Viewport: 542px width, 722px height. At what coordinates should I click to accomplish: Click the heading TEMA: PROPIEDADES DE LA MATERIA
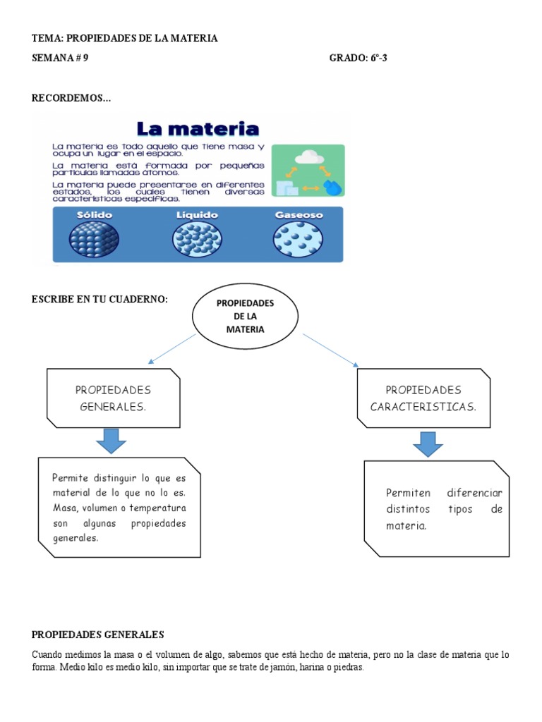click(125, 38)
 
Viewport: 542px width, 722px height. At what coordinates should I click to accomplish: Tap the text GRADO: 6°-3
click(358, 58)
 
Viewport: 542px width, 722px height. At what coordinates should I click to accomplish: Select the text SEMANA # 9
click(60, 58)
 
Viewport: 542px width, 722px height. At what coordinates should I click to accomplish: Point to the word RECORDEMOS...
click(71, 97)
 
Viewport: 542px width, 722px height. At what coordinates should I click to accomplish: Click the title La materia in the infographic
click(198, 129)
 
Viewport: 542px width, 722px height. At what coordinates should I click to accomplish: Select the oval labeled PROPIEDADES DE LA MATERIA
click(245, 316)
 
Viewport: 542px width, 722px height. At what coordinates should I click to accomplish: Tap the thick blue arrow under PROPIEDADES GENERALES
click(111, 441)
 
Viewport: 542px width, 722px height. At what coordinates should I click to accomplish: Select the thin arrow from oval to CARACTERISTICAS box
click(330, 350)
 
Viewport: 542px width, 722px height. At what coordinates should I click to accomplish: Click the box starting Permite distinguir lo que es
click(119, 506)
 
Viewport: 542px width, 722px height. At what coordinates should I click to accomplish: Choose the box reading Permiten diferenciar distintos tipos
click(437, 508)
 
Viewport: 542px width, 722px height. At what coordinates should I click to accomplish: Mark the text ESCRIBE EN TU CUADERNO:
click(100, 300)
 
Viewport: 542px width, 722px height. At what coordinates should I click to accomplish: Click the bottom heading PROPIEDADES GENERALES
click(98, 634)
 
